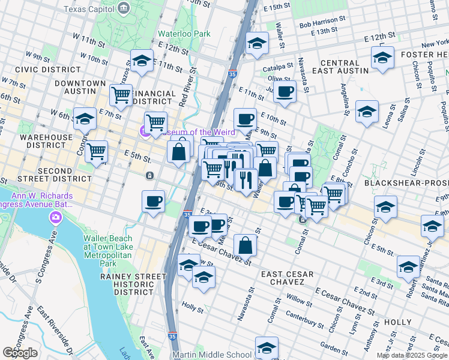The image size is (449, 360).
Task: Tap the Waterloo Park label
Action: (184, 34)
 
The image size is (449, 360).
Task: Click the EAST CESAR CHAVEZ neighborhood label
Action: (288, 278)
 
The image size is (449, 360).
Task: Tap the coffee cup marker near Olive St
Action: (285, 92)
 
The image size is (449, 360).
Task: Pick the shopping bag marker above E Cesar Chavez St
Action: (246, 245)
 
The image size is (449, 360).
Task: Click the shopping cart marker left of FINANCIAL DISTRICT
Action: (121, 94)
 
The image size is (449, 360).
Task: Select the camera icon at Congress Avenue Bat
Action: (56, 217)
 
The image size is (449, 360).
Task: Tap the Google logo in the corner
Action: (20, 352)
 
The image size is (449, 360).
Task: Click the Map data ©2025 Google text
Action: (412, 355)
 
